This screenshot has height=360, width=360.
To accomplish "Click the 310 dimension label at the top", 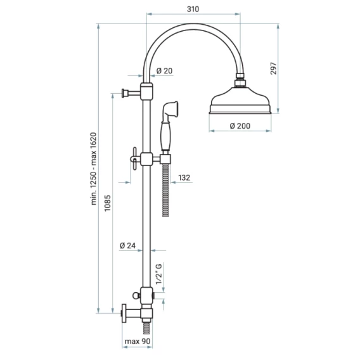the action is [193, 9].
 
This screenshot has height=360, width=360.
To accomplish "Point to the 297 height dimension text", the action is [273, 68].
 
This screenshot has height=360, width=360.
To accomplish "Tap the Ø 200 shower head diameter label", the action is [240, 126].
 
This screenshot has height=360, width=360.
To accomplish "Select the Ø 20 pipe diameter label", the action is [164, 71].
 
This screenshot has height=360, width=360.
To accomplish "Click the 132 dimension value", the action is [184, 177].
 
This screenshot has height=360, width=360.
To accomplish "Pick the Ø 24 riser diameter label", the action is [127, 246].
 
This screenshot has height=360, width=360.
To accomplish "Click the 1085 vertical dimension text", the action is [108, 203].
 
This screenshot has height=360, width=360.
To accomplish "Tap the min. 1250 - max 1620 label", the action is [94, 169].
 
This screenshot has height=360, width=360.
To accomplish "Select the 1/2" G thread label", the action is [159, 274].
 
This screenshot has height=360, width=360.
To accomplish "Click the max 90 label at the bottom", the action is [138, 341].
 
